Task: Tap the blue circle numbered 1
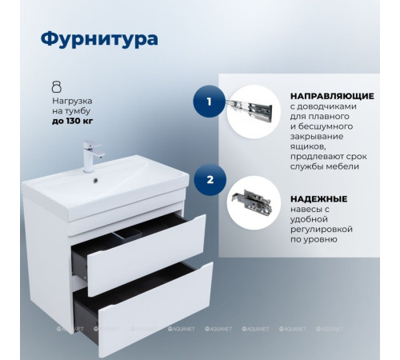(209, 102)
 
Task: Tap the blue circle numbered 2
(209, 180)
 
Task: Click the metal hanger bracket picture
(253, 202)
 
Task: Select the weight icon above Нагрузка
(56, 86)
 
